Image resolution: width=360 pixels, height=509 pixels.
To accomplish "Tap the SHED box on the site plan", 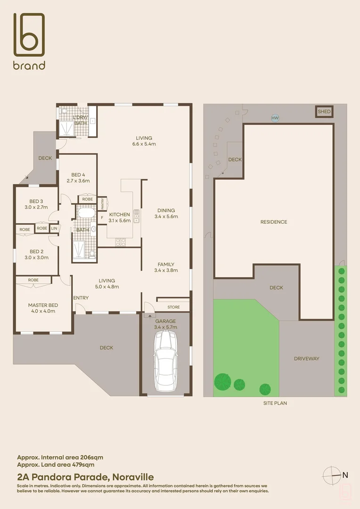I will tap(324, 112).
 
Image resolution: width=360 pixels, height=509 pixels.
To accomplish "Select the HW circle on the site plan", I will tap(275, 118).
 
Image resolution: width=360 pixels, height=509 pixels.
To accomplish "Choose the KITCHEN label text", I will tap(119, 214).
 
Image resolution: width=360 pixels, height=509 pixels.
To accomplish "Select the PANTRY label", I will tap(103, 204).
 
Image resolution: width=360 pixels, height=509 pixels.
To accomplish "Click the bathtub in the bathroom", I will tap(86, 213).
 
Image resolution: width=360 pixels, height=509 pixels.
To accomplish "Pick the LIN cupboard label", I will tap(54, 228).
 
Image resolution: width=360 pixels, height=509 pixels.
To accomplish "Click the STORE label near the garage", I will tap(173, 307).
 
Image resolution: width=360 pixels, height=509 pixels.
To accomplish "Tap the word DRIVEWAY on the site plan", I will tap(306, 359).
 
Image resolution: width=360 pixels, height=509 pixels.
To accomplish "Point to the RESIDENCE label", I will tap(274, 222).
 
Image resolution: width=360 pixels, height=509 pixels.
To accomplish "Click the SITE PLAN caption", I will tap(275, 403).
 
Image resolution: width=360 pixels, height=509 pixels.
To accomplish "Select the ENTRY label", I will tap(81, 298).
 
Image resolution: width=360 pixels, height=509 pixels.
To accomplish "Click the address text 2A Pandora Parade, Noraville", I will tap(85, 477).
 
